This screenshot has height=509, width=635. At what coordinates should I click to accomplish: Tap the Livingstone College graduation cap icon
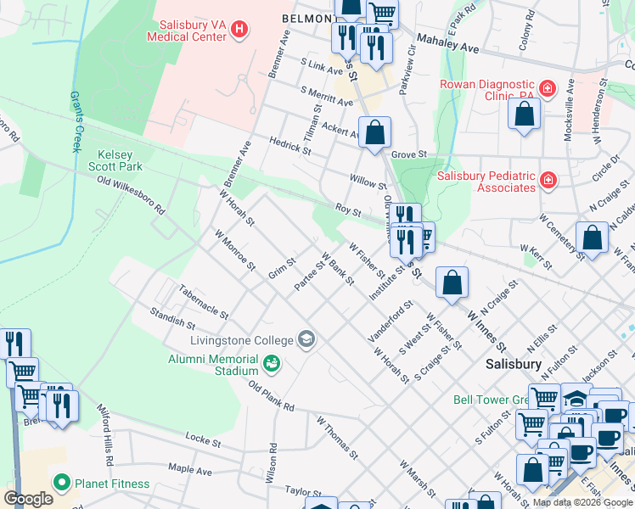coord(306,340)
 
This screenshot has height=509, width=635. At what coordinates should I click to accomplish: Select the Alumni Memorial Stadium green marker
coord(272,364)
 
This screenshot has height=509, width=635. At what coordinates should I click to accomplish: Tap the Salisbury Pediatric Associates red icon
coord(548,180)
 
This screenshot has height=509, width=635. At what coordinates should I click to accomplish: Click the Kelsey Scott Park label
coord(120,161)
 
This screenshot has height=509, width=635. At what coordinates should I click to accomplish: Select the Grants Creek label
coord(76,122)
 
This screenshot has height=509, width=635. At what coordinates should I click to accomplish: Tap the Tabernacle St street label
coord(204,302)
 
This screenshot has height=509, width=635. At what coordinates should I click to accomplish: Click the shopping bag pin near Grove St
coord(374,133)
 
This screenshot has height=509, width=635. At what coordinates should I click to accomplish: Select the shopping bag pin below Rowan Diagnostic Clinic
coord(525,115)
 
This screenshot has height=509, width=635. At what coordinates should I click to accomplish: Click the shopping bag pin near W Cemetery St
coord(592,238)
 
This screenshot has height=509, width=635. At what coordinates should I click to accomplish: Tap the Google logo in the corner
coord(28,499)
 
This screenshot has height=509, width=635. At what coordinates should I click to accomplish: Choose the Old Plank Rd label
coord(271,396)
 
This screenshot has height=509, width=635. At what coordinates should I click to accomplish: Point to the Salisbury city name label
coord(514,363)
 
